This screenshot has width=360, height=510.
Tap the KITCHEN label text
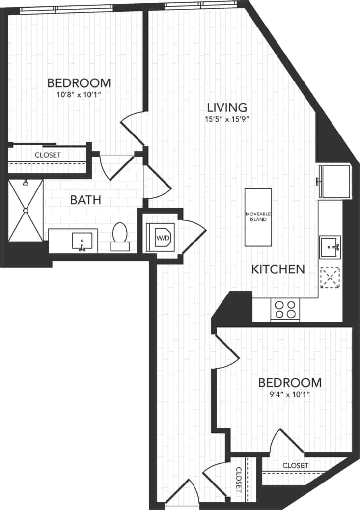pos(278,269)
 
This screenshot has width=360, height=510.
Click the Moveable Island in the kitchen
pos(258,217)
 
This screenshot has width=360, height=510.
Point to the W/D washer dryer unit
pos(160,238)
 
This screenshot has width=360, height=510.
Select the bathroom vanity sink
pos(82,241)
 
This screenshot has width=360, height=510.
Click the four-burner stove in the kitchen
pos(285,310)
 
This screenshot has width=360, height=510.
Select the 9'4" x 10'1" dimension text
pos(290,394)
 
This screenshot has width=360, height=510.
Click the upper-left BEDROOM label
pos(79,82)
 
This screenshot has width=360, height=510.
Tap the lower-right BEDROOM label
pos(290,382)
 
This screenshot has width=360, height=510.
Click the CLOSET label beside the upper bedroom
pos(48,155)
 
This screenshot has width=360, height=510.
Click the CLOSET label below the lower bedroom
pos(295,465)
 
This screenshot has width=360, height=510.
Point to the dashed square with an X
pos(330,278)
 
